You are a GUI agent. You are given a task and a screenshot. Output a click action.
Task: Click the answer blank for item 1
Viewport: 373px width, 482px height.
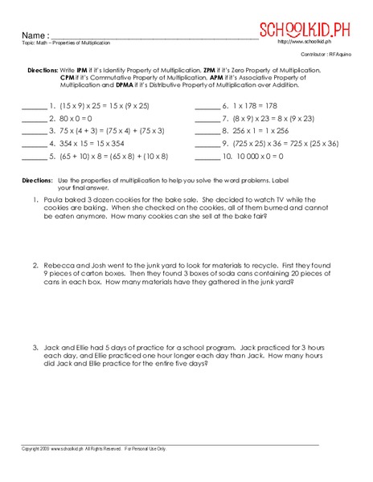click(x=34, y=106)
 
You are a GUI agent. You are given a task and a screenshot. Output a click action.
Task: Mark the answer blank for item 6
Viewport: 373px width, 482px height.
click(x=207, y=106)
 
